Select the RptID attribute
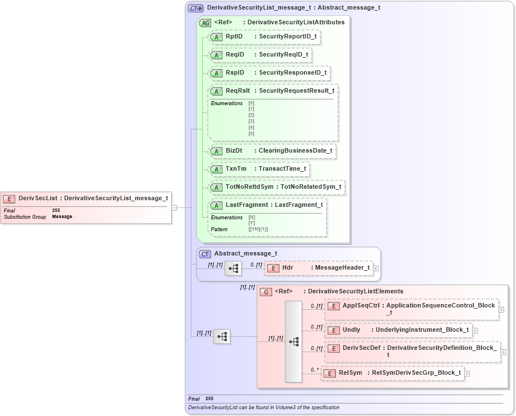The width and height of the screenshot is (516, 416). point(234,37)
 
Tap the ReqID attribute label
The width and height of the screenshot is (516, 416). point(235,55)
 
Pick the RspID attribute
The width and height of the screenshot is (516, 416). point(235,73)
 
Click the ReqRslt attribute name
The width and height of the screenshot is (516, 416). point(237,90)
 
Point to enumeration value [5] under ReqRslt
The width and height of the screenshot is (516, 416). point(251,133)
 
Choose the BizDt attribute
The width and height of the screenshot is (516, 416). point(234,151)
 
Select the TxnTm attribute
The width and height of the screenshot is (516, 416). point(236,169)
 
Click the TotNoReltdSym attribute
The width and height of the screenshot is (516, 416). point(249,187)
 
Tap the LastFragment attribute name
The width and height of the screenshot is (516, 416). point(247,205)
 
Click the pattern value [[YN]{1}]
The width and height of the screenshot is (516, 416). point(258,229)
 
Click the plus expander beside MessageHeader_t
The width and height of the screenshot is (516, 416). point(375,268)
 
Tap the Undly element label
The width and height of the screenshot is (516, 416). point(351,330)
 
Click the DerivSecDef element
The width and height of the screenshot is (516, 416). point(361,348)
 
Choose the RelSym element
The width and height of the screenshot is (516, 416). point(355,373)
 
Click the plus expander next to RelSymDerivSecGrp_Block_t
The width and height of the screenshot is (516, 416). point(467,373)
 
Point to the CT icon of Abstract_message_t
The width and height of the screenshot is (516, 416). point(205,254)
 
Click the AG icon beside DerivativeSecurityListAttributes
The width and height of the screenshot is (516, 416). point(205,23)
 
